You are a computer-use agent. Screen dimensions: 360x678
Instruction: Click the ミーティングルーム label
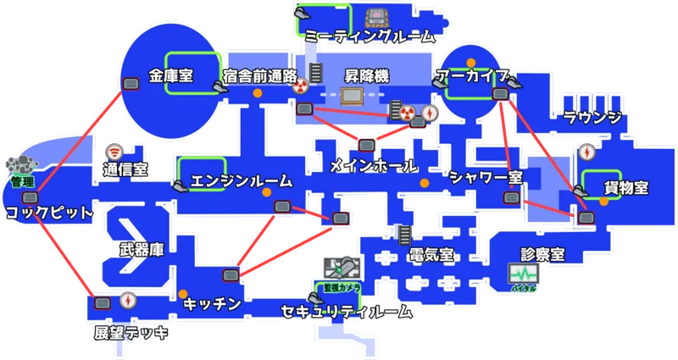tap(370, 36)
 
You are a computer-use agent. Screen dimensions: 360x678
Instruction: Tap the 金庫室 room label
tap(171, 75)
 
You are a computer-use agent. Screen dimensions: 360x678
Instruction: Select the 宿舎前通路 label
tap(260, 75)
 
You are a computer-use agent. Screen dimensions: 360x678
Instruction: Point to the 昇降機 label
tap(366, 75)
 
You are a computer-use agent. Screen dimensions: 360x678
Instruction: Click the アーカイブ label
tap(471, 75)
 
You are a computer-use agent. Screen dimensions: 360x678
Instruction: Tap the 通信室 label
tap(125, 169)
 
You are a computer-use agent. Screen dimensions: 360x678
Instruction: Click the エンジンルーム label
tap(242, 180)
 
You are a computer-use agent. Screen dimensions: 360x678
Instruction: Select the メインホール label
tap(372, 164)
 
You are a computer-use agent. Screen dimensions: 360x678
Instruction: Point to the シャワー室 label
tap(486, 176)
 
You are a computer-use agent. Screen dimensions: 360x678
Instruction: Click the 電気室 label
tap(430, 255)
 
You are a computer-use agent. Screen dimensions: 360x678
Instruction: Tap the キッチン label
tap(212, 302)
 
